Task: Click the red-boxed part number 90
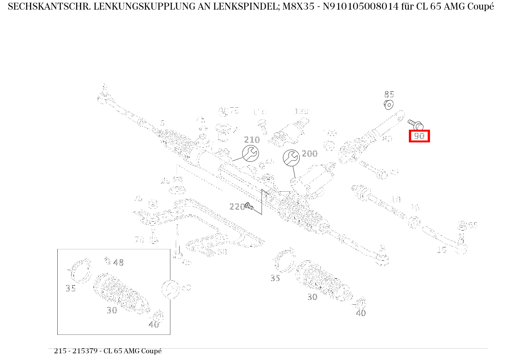[x=419, y=136]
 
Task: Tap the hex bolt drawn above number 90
[x=415, y=124]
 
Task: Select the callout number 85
[x=389, y=94]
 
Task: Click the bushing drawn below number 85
[x=389, y=104]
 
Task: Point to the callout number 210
[x=252, y=140]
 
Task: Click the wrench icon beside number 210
[x=250, y=153]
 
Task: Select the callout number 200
[x=310, y=154]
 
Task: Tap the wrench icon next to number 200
[x=291, y=158]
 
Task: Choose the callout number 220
[x=237, y=207]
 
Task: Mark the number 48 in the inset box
[x=118, y=263]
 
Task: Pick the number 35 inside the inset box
[x=70, y=289]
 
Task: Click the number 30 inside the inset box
[x=112, y=310]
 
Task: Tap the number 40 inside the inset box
[x=153, y=324]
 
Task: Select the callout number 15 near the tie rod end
[x=442, y=250]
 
